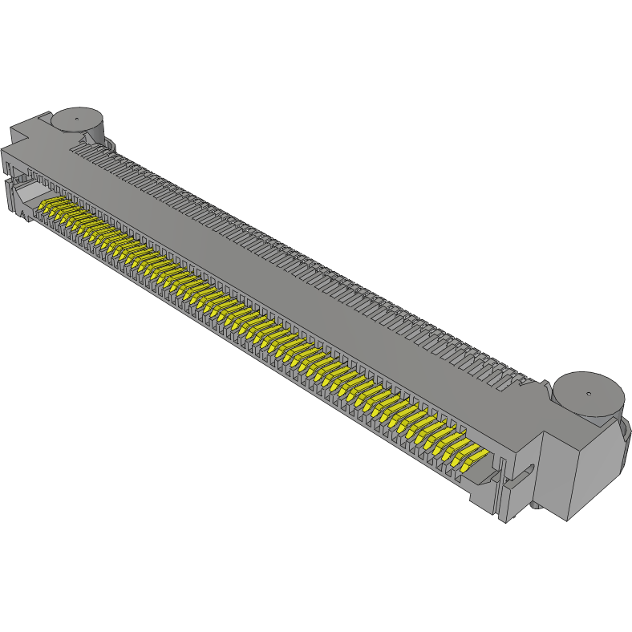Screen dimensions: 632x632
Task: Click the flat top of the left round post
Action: point(78,117)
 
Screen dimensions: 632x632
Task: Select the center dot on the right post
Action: point(588,394)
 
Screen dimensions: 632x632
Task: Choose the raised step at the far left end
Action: point(21,128)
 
